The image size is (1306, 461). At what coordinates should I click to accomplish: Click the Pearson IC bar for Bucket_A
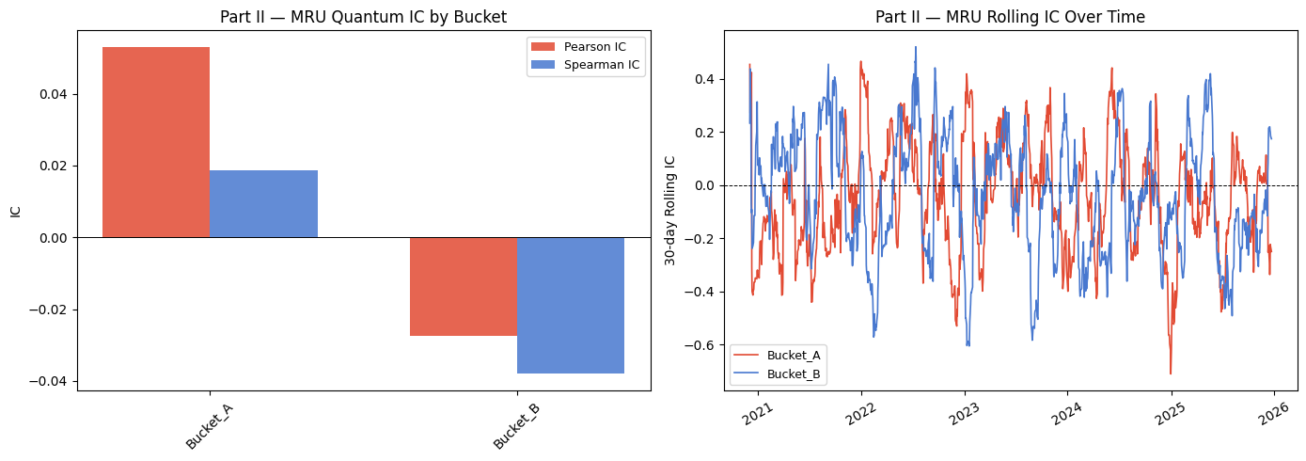[156, 142]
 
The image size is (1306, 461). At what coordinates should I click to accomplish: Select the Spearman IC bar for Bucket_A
[263, 203]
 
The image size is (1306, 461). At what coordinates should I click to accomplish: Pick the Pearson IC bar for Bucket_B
[463, 286]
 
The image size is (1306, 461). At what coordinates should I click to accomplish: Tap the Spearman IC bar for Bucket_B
[570, 305]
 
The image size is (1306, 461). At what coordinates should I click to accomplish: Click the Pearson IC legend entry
[588, 46]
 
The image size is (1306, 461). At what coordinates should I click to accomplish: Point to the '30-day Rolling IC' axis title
[670, 210]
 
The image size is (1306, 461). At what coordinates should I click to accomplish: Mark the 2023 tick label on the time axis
[962, 415]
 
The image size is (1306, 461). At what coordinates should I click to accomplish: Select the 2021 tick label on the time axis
[756, 415]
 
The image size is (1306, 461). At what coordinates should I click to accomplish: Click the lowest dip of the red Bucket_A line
[1171, 374]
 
